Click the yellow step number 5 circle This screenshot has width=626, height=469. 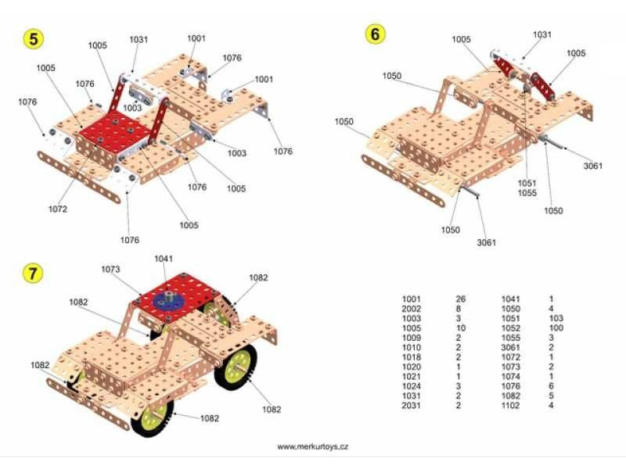pyautogui.click(x=34, y=39)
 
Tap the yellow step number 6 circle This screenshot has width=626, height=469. pyautogui.click(x=376, y=34)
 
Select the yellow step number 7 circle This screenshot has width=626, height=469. pyautogui.click(x=32, y=273)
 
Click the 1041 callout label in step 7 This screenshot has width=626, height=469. pyautogui.click(x=164, y=259)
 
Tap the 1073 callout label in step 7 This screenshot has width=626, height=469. pyautogui.click(x=110, y=269)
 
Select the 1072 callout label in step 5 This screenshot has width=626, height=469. pyautogui.click(x=58, y=209)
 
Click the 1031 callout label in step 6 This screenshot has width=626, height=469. pyautogui.click(x=542, y=34)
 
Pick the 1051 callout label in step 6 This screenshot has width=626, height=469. pyautogui.click(x=527, y=183)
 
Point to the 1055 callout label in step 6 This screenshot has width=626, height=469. pyautogui.click(x=527, y=193)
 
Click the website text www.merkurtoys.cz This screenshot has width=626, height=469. pyautogui.click(x=312, y=446)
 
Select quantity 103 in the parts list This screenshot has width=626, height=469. pyautogui.click(x=556, y=318)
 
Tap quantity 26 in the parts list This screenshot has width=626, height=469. pyautogui.click(x=461, y=299)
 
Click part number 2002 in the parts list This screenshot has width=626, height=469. pyautogui.click(x=412, y=309)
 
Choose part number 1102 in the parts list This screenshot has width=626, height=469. pyautogui.click(x=511, y=406)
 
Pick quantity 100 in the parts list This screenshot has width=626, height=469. pyautogui.click(x=556, y=328)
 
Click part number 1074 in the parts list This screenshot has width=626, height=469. pyautogui.click(x=511, y=377)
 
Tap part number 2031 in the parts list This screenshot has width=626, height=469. pyautogui.click(x=412, y=406)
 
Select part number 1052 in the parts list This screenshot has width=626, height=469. pyautogui.click(x=511, y=328)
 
